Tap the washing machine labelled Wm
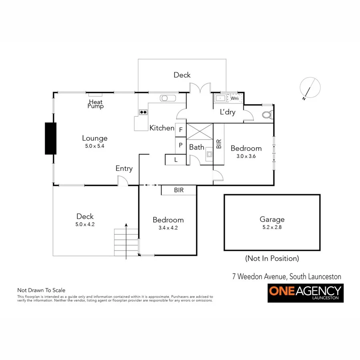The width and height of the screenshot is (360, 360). (234, 98)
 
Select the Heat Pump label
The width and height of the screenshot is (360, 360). (96, 104)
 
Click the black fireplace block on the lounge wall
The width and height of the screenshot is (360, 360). (50, 138)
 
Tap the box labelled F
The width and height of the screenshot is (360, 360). (181, 130)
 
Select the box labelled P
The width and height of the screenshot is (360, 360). (181, 145)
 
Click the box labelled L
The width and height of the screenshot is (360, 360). (176, 160)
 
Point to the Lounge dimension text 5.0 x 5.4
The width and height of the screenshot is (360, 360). (95, 146)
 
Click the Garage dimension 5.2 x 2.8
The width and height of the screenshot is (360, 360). (272, 227)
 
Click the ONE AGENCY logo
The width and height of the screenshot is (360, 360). (306, 293)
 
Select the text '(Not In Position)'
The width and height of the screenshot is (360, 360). (272, 258)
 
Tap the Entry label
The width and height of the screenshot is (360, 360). (124, 168)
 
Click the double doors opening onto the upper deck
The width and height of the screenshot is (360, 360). (200, 88)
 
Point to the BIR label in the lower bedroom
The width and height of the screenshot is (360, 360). (179, 190)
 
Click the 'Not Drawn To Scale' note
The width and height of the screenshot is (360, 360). (41, 290)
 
